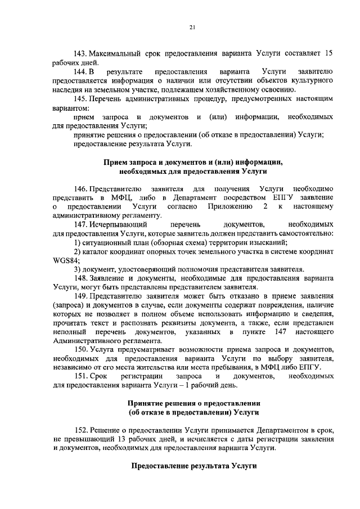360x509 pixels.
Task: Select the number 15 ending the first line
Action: pyautogui.click(x=330, y=53)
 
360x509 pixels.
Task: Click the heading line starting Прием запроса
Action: pyautogui.click(x=192, y=162)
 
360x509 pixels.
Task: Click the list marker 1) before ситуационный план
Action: pyautogui.click(x=78, y=242)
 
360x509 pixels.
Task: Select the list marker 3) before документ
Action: pyautogui.click(x=78, y=269)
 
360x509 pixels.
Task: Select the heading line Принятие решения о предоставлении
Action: pyautogui.click(x=192, y=405)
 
